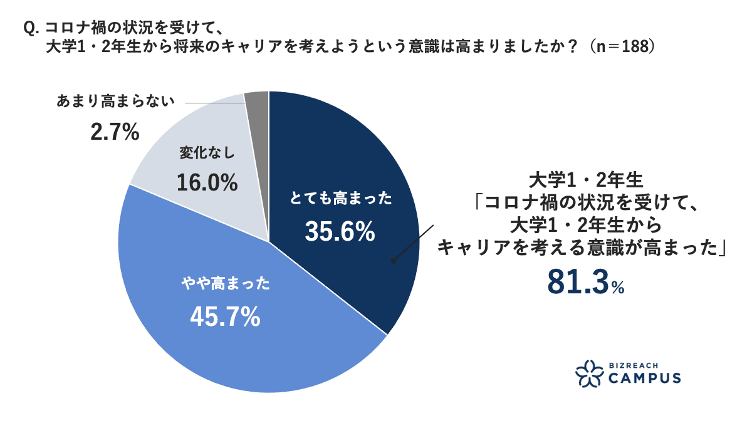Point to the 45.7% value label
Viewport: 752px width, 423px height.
pos(225,318)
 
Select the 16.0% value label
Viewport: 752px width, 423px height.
pos(207,183)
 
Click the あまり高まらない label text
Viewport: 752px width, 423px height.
pos(113,102)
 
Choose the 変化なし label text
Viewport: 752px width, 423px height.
pos(206,154)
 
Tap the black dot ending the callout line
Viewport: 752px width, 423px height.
pos(394,261)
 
